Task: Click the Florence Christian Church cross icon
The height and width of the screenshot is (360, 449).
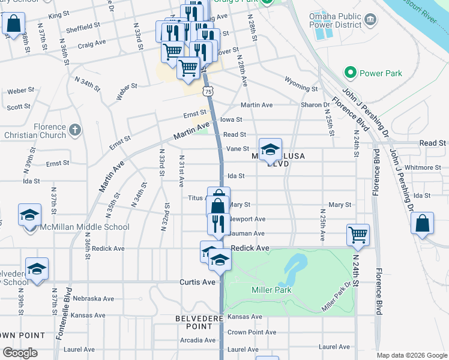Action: (x=74, y=129)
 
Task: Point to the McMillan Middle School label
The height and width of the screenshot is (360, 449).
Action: (x=85, y=227)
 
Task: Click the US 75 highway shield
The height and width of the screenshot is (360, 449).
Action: (x=208, y=91)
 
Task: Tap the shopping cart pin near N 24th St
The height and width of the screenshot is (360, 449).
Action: (x=358, y=235)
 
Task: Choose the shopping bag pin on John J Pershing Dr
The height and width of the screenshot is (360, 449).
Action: (x=423, y=223)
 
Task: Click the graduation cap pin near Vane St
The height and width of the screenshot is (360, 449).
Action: (x=271, y=150)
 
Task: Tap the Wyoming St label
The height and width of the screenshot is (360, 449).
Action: (x=301, y=88)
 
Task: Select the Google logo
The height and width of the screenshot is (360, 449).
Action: (x=20, y=353)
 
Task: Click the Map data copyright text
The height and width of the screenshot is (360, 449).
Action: (x=411, y=355)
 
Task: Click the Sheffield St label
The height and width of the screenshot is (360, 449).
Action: (x=83, y=26)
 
